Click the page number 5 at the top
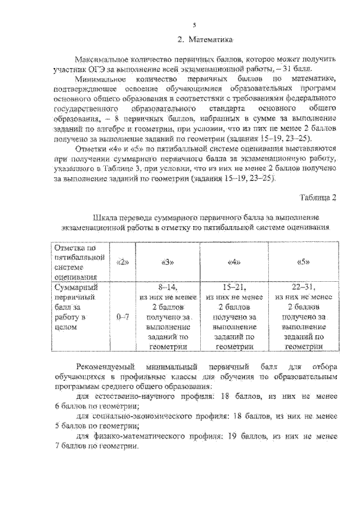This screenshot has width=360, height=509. click(194, 25)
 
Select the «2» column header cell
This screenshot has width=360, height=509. click(122, 262)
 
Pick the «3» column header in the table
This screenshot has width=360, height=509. click(167, 262)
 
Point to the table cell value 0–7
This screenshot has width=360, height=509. click(122, 317)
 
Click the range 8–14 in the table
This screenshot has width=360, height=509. click(167, 286)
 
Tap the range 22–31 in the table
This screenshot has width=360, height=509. click(304, 286)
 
